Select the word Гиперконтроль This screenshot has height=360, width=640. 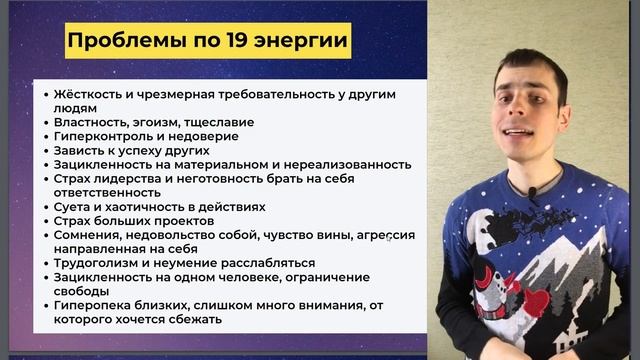(x=98, y=136)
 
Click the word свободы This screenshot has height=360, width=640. (x=83, y=291)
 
